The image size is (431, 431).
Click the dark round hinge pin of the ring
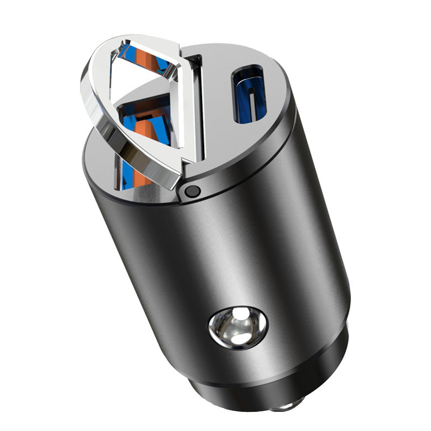[x=191, y=191]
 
